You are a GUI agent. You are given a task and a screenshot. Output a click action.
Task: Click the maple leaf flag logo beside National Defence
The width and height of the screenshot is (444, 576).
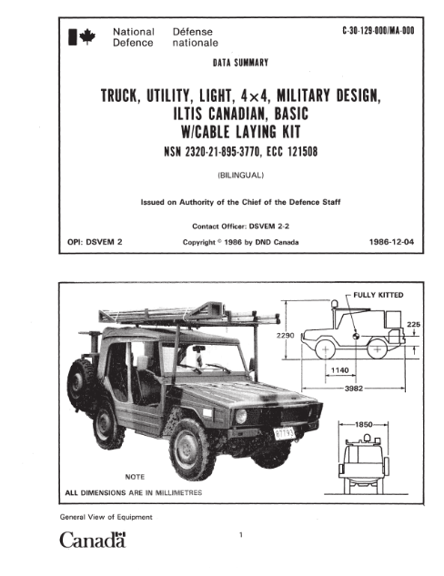tap(82, 36)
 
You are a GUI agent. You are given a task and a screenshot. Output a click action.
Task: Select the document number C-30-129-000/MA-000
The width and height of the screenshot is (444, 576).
tap(378, 31)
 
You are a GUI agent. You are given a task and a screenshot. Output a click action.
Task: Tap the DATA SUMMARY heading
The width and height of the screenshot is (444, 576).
tap(240, 63)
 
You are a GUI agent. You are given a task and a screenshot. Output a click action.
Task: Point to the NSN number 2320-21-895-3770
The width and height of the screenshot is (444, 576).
tap(223, 151)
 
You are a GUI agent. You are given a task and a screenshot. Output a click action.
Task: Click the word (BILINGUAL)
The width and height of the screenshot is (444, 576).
tap(240, 176)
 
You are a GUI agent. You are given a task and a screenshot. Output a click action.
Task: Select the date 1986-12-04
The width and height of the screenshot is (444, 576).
tap(391, 242)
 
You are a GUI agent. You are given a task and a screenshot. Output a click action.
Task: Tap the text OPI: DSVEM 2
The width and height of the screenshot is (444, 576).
tap(95, 242)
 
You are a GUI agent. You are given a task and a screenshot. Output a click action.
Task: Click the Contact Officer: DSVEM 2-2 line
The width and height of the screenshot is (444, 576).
tap(240, 227)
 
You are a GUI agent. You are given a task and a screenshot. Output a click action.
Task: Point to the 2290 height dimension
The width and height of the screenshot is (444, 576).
tap(286, 335)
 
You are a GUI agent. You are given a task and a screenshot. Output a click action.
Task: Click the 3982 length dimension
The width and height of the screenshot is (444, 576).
tap(354, 389)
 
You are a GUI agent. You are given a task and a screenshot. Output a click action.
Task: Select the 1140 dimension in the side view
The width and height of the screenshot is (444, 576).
tap(339, 370)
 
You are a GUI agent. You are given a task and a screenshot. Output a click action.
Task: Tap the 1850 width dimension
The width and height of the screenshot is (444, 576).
tap(364, 425)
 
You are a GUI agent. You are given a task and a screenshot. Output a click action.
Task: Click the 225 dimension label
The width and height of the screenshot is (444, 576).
tap(413, 324)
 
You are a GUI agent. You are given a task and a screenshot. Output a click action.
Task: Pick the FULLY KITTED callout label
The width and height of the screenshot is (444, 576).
tap(378, 295)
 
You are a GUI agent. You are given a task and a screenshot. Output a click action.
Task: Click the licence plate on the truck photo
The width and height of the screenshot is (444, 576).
tap(285, 434)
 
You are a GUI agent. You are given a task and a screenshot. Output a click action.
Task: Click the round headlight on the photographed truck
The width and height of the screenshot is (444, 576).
tap(241, 416)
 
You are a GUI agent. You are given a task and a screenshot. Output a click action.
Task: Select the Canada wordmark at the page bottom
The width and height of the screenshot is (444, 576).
tap(93, 540)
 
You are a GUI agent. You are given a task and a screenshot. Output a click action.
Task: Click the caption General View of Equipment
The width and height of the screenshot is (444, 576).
tap(106, 517)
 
